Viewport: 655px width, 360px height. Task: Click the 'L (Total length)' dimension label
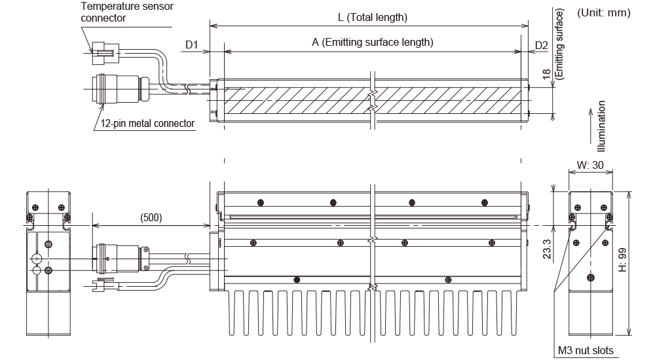tap(369, 17)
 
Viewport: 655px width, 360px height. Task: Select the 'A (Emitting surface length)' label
tap(373, 43)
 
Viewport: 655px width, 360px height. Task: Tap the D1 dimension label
tap(192, 45)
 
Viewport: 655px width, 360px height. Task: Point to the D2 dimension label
tap(541, 45)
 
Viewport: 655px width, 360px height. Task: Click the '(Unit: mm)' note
tap(603, 13)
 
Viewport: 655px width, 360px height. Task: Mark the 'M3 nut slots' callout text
tap(586, 351)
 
